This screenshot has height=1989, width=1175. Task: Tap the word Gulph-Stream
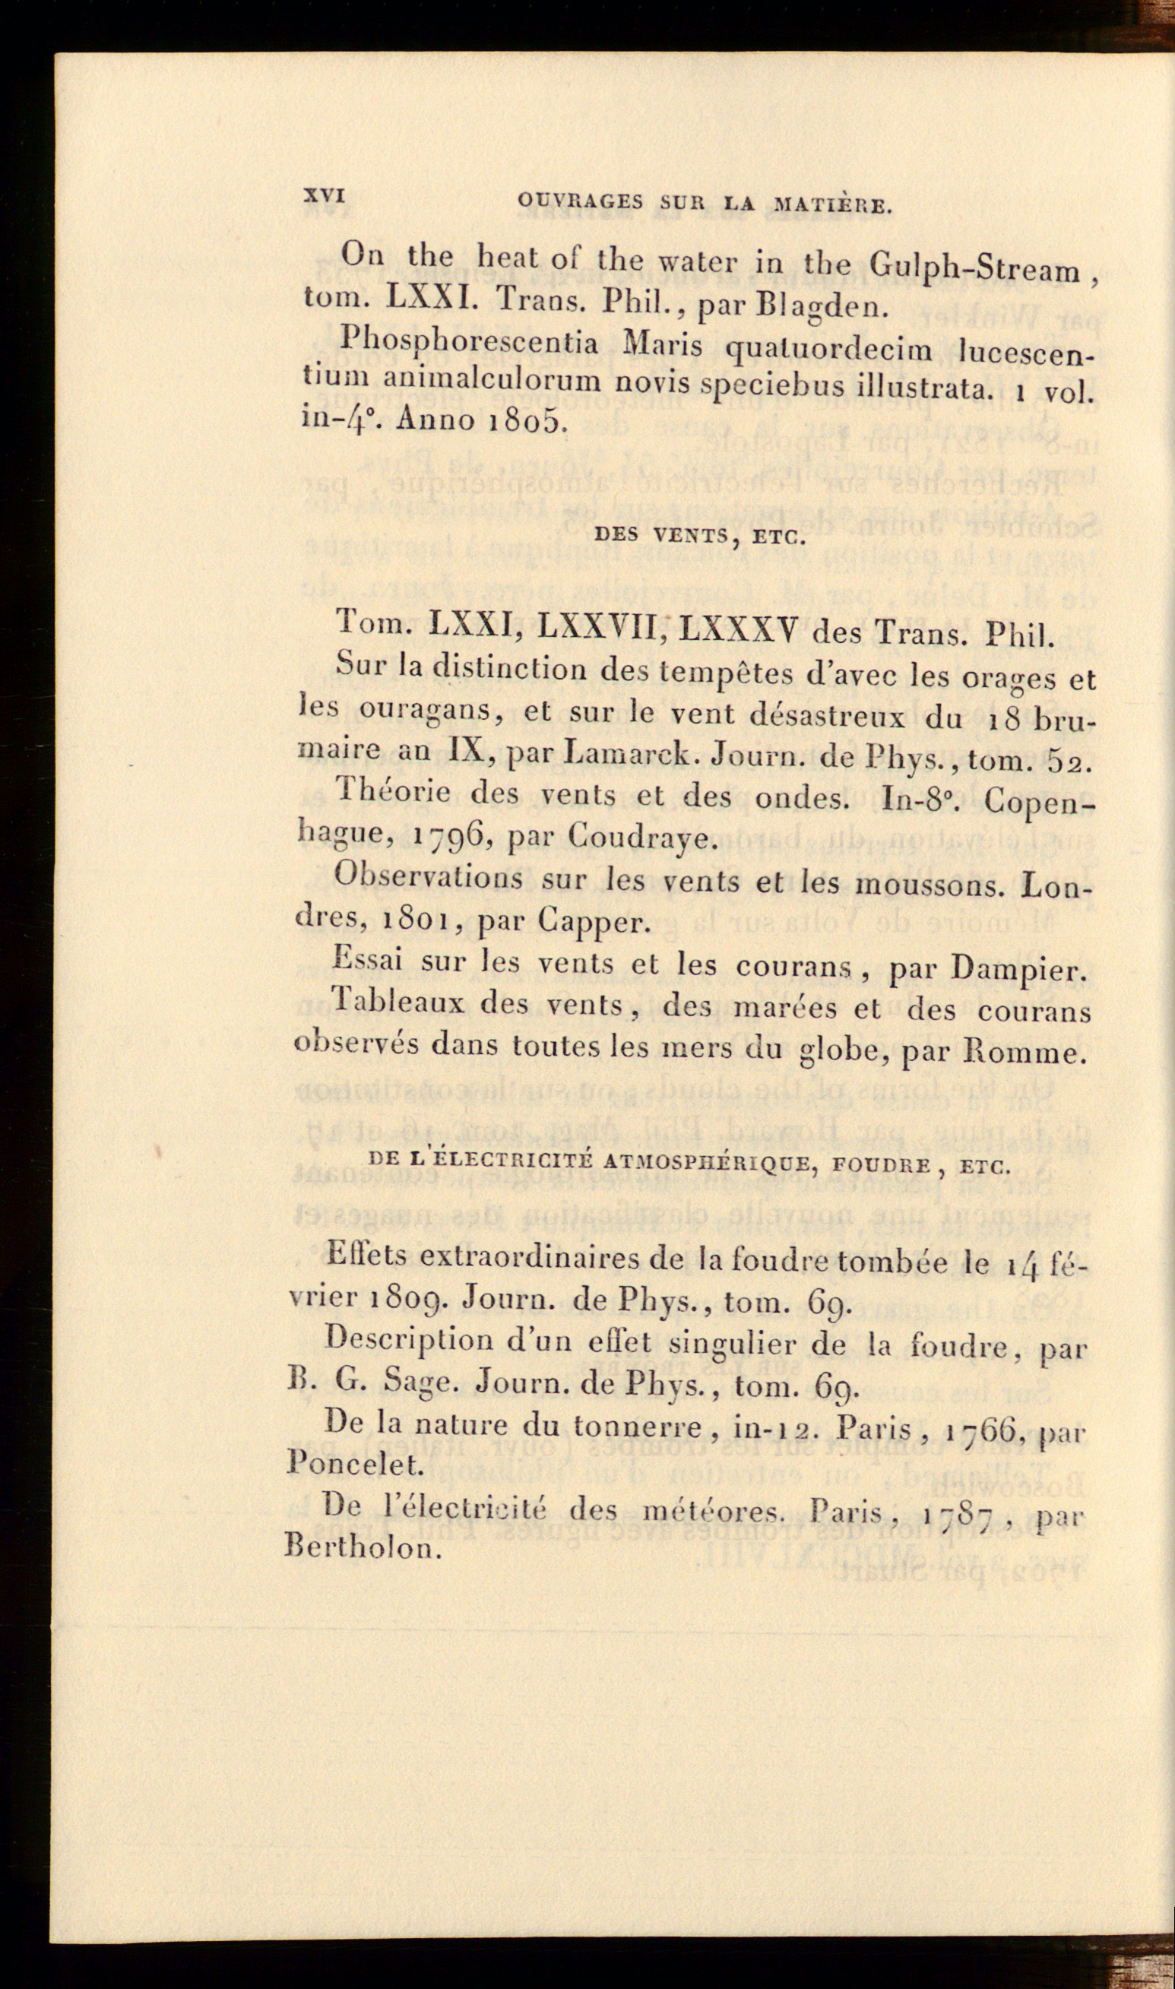pyautogui.click(x=974, y=269)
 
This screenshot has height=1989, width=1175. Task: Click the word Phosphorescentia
pyautogui.click(x=469, y=343)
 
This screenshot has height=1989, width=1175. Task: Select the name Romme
pyautogui.click(x=1027, y=1053)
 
